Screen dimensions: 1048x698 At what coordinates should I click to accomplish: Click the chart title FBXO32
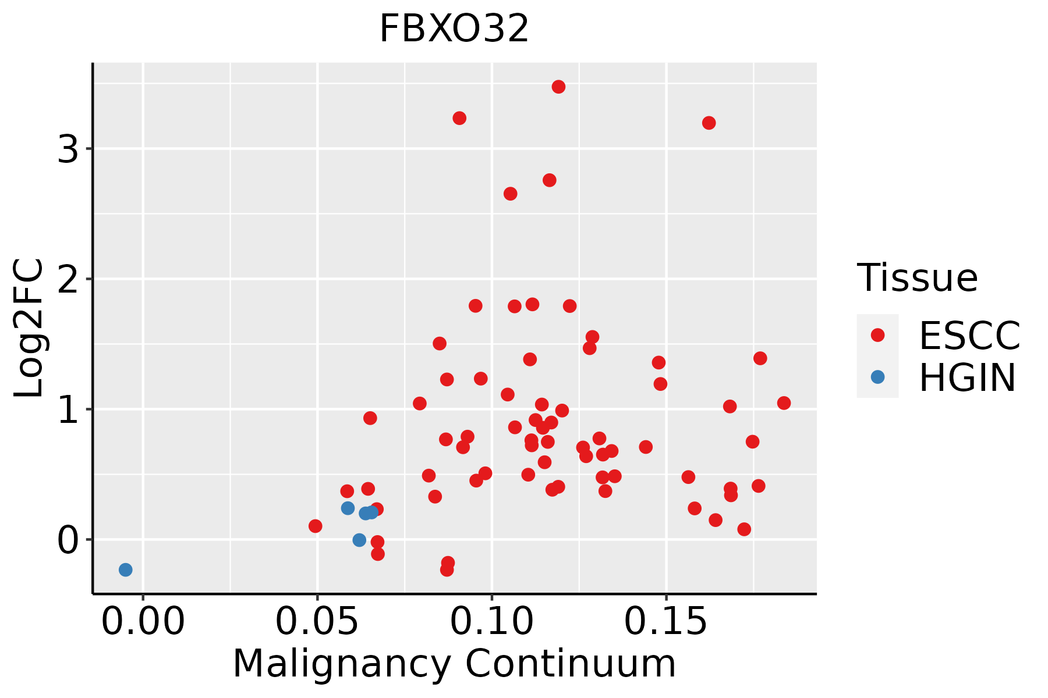point(454,29)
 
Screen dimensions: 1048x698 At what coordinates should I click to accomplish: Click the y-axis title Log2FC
point(29,329)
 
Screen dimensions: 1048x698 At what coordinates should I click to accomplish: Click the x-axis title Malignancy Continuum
point(454,664)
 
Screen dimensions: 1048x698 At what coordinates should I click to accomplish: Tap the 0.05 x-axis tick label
point(317,622)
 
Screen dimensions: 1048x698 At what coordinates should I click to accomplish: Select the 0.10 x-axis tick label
point(492,622)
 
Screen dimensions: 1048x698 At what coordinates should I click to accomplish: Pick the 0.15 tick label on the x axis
point(666,622)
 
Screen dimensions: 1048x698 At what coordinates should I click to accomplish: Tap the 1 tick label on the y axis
point(68,409)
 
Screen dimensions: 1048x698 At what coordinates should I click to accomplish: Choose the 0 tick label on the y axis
point(68,540)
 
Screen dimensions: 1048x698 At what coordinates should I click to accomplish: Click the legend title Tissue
point(918,278)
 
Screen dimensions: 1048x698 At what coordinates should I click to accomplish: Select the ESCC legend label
point(969,336)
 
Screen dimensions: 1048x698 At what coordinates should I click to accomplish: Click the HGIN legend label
point(968,378)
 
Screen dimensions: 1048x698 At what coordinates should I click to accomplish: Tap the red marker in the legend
point(877,335)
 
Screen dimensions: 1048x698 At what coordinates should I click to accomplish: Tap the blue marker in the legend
point(877,377)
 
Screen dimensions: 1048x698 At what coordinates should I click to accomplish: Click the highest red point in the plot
point(558,87)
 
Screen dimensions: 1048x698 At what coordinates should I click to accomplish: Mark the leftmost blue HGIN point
point(125,569)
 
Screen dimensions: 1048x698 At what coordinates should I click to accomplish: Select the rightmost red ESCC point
point(784,403)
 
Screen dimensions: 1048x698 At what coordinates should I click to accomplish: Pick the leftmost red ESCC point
point(315,526)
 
